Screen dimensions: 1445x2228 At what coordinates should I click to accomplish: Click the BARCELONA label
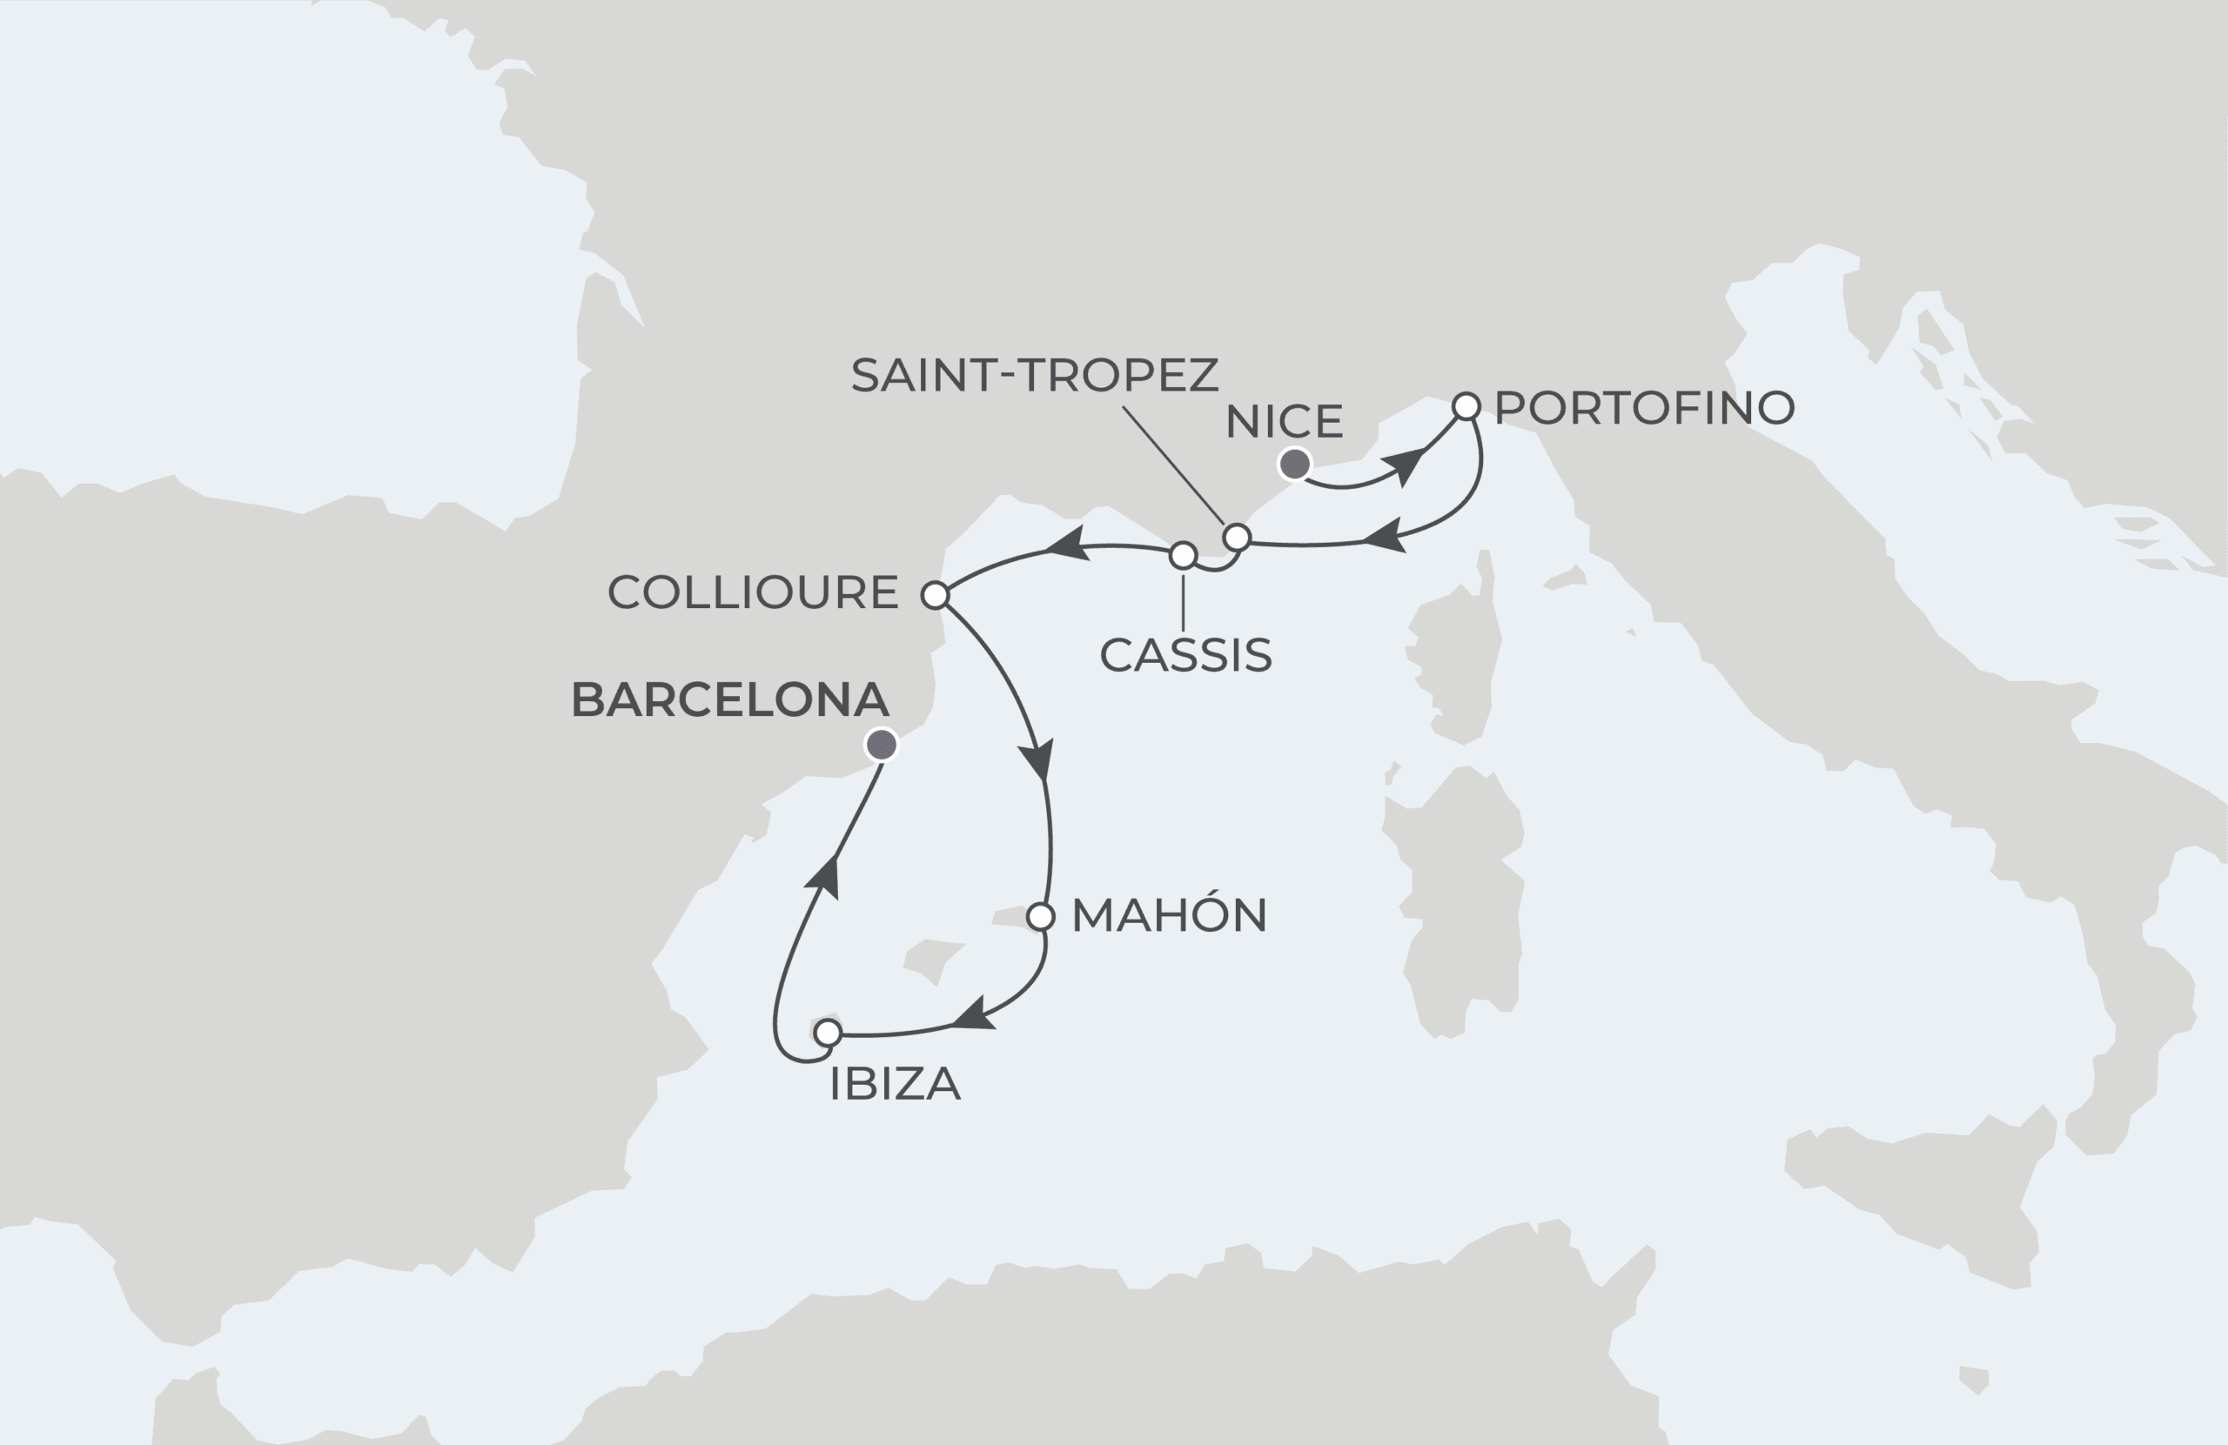point(729,700)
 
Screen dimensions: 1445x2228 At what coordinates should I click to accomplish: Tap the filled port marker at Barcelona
point(881,745)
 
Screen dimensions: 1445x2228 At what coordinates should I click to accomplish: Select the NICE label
point(1284,422)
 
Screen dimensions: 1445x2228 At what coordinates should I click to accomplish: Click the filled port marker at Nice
point(1294,464)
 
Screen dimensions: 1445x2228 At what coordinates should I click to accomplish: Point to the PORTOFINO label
point(1644,408)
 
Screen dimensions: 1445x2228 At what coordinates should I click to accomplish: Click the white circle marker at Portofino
point(1466,406)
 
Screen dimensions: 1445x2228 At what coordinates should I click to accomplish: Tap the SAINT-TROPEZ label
point(1035,375)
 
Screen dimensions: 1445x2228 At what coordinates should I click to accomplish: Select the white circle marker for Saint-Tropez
point(1237,537)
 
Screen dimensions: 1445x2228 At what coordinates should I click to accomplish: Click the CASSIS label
point(1185,655)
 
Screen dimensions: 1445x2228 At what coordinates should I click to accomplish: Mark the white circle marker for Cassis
point(1184,556)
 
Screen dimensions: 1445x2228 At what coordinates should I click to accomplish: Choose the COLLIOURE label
point(753,592)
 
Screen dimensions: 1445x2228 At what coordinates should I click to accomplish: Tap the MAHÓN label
point(1168,915)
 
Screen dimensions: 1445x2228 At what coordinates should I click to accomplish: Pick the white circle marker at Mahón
point(1040,917)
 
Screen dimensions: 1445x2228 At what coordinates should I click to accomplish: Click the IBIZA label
point(895,1085)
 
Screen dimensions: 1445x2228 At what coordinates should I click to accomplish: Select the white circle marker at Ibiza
point(828,1034)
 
